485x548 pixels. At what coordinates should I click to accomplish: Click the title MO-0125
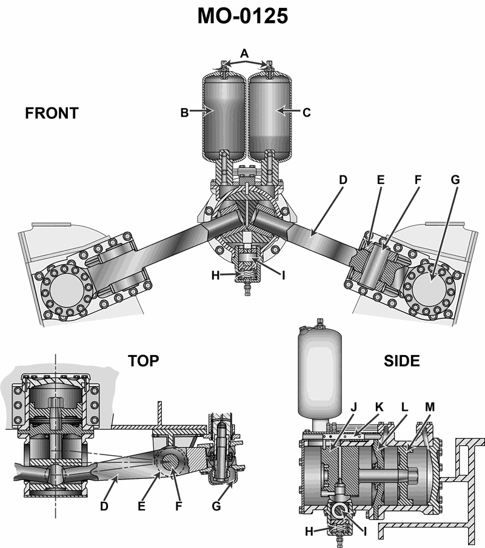[242, 16]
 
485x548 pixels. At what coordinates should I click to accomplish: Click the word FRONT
[52, 113]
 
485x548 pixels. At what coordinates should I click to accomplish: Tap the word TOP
[144, 360]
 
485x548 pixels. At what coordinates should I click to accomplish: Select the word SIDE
[401, 360]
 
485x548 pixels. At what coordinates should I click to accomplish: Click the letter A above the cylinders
[244, 53]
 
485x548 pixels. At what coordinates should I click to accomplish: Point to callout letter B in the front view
[184, 113]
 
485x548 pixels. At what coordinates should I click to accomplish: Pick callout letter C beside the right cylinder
[306, 113]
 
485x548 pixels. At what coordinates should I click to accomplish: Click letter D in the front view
[343, 180]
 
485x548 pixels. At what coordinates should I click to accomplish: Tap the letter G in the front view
[455, 180]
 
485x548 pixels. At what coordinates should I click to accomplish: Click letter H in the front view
[215, 276]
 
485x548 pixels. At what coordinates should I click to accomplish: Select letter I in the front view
[284, 276]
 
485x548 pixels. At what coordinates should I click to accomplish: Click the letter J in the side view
[354, 407]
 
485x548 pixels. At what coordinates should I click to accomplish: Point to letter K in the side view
[379, 407]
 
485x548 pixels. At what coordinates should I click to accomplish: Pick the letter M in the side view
[430, 407]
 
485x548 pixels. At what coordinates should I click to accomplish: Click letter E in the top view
[141, 506]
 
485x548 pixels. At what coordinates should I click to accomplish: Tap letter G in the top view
[216, 506]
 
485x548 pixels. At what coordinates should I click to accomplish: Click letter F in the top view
[179, 506]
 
